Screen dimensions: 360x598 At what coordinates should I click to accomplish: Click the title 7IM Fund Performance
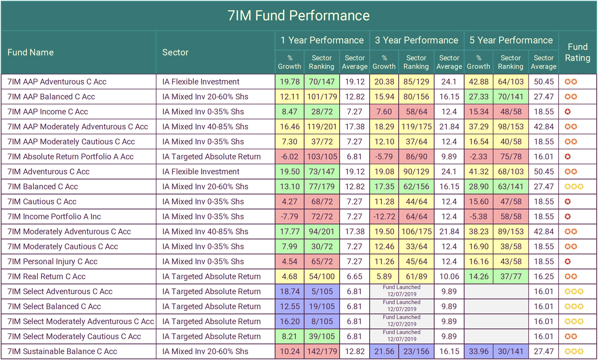point(299,16)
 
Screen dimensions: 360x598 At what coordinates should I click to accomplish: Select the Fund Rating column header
point(578,52)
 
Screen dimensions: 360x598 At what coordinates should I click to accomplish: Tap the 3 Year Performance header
point(416,40)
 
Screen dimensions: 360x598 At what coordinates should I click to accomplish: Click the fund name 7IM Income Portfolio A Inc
point(54,216)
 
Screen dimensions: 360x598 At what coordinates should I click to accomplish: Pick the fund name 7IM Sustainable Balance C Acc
point(62,351)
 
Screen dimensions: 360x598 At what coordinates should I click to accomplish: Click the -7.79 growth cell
point(289,216)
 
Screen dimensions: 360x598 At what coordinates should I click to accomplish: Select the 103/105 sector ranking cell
point(322,157)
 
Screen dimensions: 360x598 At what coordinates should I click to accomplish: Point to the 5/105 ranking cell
point(322,291)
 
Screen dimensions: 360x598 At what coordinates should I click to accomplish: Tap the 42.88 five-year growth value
point(478,82)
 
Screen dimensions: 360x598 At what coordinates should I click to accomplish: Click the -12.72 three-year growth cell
point(384,216)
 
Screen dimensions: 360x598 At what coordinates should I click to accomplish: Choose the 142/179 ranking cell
point(322,351)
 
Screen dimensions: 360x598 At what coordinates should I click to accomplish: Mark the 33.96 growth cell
point(478,351)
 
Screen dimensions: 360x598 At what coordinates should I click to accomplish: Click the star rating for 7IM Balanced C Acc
point(574,187)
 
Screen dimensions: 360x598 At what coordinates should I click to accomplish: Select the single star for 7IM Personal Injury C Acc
point(568,262)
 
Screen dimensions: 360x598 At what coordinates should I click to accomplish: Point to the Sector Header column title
point(175,52)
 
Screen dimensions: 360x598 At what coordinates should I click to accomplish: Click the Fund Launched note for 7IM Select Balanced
point(401,306)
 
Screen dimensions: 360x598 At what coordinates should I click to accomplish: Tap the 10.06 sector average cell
point(449,276)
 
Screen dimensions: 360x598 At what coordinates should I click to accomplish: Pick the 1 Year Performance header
point(322,40)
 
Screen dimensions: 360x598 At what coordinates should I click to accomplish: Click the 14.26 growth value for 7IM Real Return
point(478,276)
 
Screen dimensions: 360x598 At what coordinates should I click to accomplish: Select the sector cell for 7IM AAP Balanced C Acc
point(205,97)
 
